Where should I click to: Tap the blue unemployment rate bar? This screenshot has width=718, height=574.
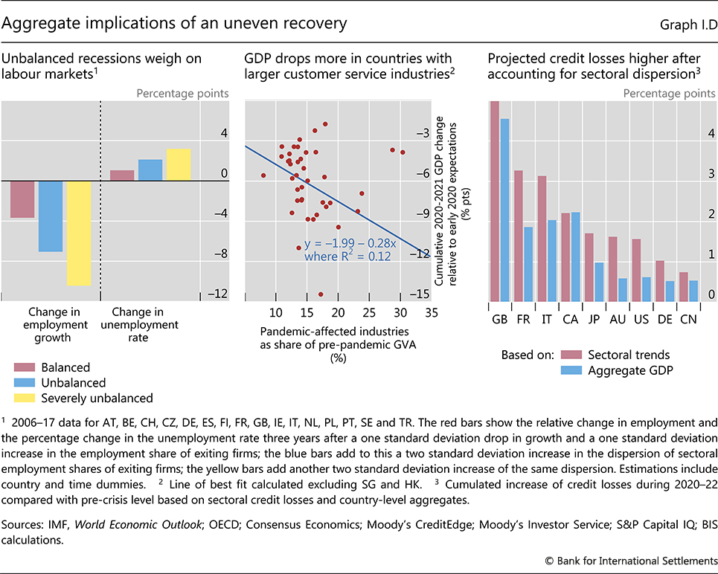coord(150,170)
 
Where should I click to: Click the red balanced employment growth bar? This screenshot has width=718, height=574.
coord(22,199)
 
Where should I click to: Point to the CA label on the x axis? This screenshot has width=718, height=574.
coord(570,319)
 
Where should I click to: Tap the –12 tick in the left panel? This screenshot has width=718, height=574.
coord(217,294)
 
